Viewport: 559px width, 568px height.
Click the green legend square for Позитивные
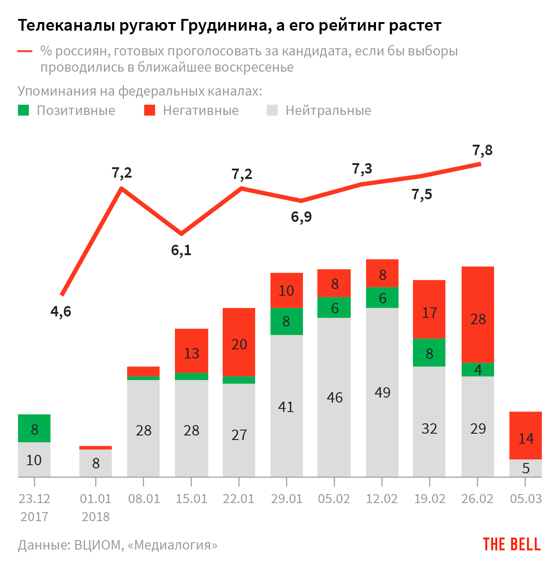[x=23, y=110]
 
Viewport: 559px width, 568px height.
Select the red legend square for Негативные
[x=150, y=110]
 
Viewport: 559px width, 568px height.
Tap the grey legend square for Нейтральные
[x=272, y=110]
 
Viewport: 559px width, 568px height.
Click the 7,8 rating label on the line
[x=482, y=150]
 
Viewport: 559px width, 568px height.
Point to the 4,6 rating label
[x=61, y=311]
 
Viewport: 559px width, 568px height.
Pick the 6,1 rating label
[x=181, y=250]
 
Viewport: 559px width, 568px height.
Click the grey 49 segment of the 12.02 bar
[x=382, y=392]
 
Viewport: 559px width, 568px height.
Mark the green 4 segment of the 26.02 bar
[x=478, y=370]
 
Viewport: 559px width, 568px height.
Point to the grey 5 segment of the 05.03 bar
[x=526, y=468]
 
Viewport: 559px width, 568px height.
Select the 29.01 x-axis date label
[x=287, y=499]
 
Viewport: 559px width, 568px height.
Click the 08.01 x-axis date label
[x=144, y=499]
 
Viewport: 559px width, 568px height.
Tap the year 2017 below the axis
[x=34, y=517]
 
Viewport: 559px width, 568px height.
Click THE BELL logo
[x=512, y=545]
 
